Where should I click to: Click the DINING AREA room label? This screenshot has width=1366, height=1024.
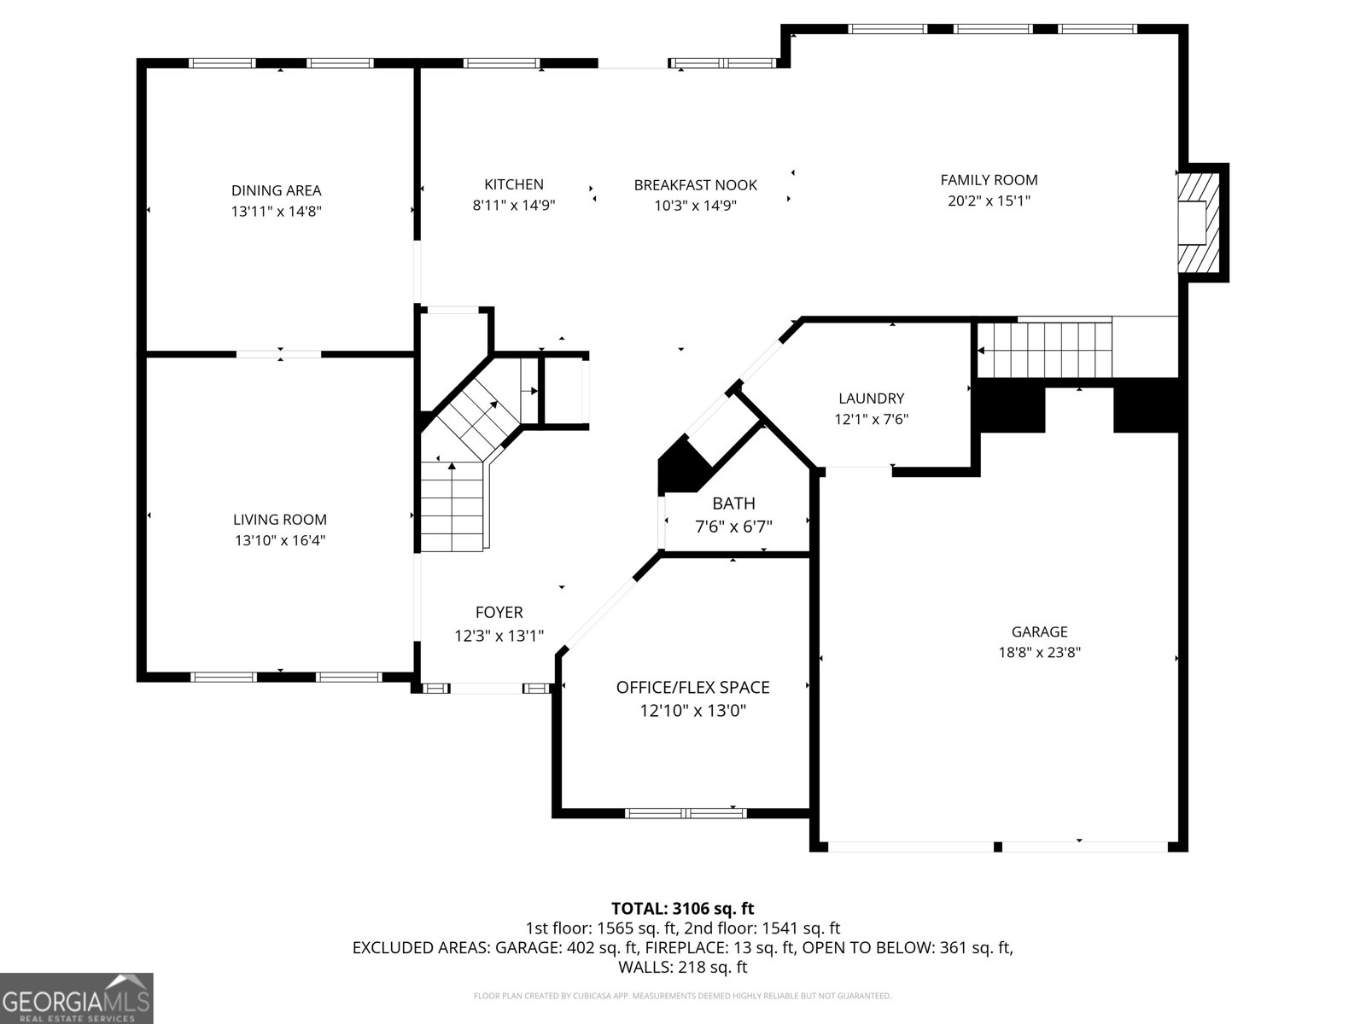[277, 190]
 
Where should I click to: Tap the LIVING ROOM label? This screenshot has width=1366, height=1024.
[280, 519]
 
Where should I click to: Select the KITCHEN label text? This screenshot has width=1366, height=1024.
[514, 184]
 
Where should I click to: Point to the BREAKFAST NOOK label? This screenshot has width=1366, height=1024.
[696, 184]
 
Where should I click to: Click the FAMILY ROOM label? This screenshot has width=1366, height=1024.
[989, 180]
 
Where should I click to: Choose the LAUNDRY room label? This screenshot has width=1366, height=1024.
[872, 398]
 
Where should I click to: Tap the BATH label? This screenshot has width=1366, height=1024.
[733, 503]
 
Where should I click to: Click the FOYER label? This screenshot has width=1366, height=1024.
[499, 613]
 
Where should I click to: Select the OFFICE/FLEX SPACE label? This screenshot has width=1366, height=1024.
[692, 687]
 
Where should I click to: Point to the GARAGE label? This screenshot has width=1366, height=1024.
[1039, 631]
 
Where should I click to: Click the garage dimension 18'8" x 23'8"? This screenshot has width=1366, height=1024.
[1039, 652]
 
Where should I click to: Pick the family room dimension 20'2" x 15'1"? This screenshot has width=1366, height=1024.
[989, 201]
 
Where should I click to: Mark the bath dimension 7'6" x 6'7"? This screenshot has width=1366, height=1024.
[733, 527]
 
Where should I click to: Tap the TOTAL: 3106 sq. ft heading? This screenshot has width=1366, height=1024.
[683, 908]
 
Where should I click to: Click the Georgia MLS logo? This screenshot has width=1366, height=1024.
[77, 998]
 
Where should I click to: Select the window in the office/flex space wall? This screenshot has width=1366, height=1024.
[686, 812]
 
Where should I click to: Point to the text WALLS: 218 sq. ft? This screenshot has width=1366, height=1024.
[683, 967]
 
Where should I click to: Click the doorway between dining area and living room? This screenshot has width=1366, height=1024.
[279, 354]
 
